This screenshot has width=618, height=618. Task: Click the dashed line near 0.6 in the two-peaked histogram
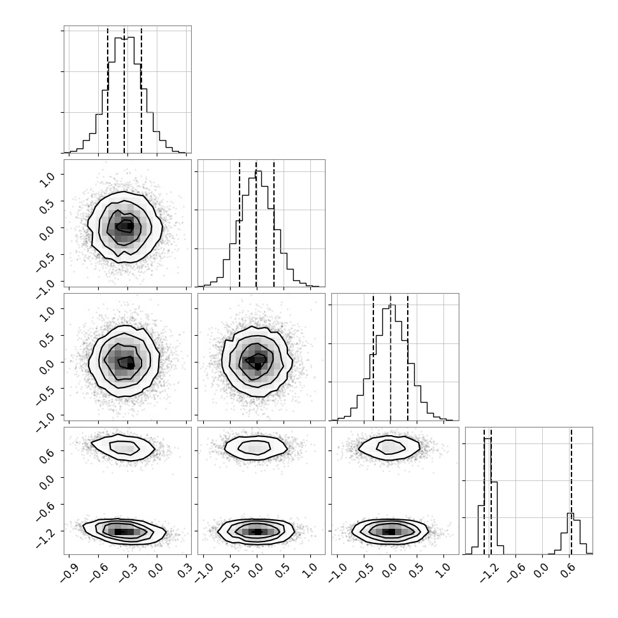571,491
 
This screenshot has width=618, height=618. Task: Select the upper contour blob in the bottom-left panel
122,447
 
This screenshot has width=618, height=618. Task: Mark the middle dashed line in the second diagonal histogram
256,223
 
